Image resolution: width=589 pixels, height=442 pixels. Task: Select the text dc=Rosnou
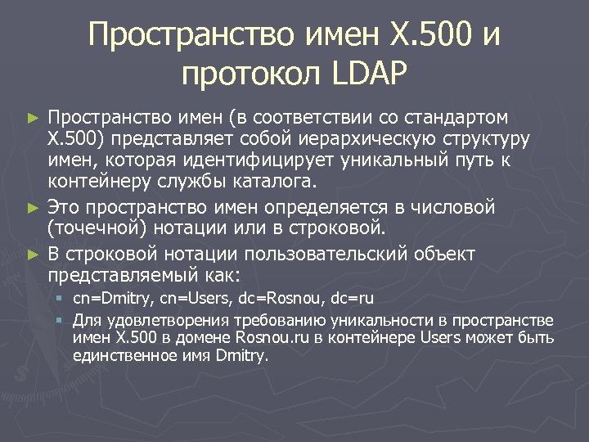coord(284,299)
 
